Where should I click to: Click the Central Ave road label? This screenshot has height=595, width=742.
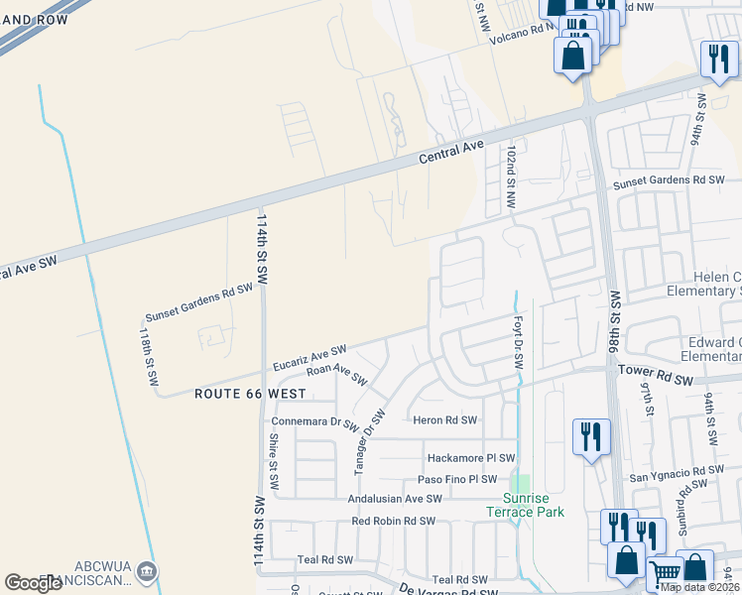point(451,152)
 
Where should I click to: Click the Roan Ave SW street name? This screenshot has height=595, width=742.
point(337,375)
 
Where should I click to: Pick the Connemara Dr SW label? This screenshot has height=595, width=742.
point(315,422)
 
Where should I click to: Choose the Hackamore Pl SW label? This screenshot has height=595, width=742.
point(471,458)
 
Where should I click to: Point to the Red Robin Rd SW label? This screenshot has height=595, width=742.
point(394,521)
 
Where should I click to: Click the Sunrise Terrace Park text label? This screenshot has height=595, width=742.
point(525,504)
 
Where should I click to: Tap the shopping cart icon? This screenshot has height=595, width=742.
point(665,573)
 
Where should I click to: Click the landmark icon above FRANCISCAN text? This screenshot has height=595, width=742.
point(147,570)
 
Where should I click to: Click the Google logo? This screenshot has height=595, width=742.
point(33,583)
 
